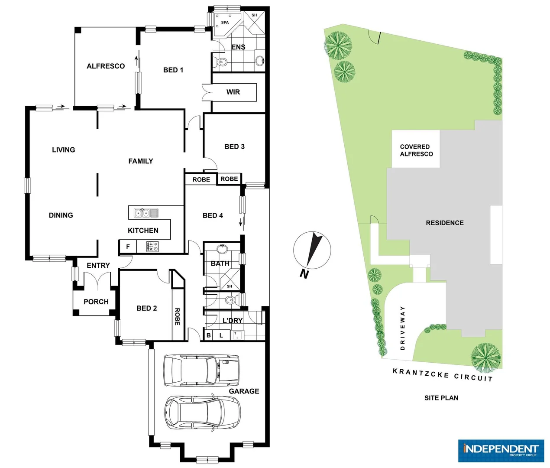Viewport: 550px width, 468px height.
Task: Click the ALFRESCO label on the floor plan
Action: pos(106,66)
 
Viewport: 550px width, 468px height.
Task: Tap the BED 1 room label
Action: pos(173,70)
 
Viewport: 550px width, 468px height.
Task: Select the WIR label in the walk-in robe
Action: pos(233,92)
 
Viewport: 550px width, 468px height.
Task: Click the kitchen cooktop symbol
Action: pos(152,247)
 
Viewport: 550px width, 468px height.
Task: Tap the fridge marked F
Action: pos(128,247)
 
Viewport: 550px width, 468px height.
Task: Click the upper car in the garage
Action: pos(201,370)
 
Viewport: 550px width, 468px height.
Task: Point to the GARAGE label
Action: pos(244,391)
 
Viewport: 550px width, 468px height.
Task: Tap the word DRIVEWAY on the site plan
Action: pos(402,328)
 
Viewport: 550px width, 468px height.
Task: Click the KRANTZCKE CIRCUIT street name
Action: pos(442,375)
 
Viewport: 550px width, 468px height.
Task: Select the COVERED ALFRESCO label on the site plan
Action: pos(416,150)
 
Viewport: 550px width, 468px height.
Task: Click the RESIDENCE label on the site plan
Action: pos(444,223)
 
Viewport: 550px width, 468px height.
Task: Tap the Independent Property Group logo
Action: pos(501,450)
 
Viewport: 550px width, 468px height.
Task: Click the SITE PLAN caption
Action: pos(441,398)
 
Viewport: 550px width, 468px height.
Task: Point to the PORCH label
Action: pos(96,302)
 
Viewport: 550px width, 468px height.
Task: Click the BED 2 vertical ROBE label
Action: pos(177,317)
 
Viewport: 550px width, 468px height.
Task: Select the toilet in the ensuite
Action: pos(221,62)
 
